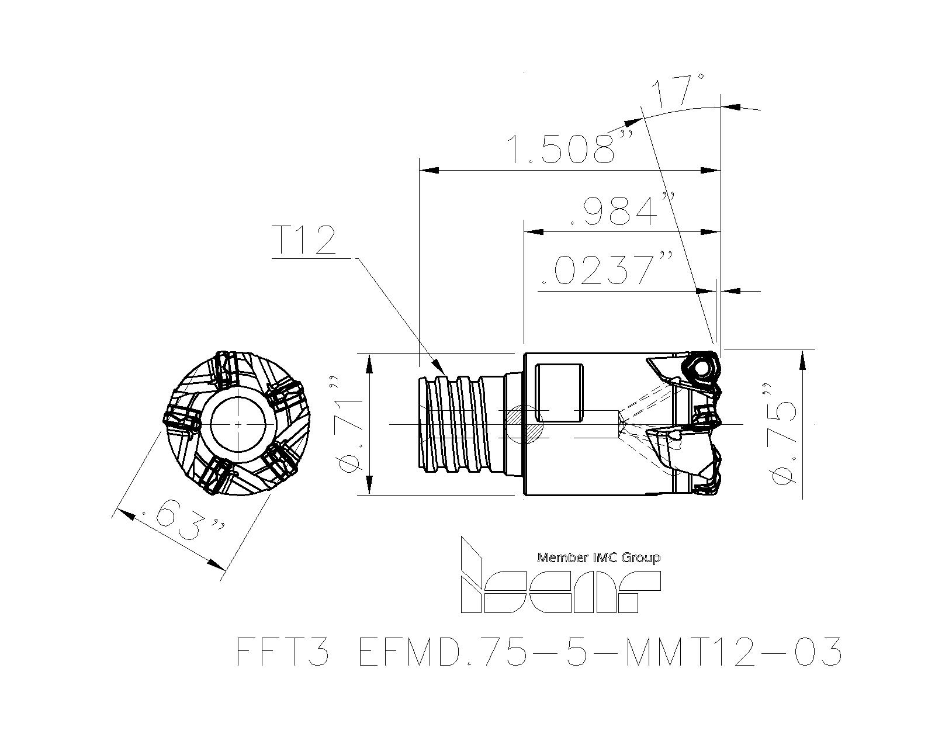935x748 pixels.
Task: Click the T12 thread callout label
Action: (x=304, y=241)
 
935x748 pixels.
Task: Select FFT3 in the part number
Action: (x=283, y=652)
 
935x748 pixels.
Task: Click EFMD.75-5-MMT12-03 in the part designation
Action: (x=599, y=652)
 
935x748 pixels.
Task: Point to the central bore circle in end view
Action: (x=239, y=423)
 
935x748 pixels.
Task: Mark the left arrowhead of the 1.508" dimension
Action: (x=430, y=171)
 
